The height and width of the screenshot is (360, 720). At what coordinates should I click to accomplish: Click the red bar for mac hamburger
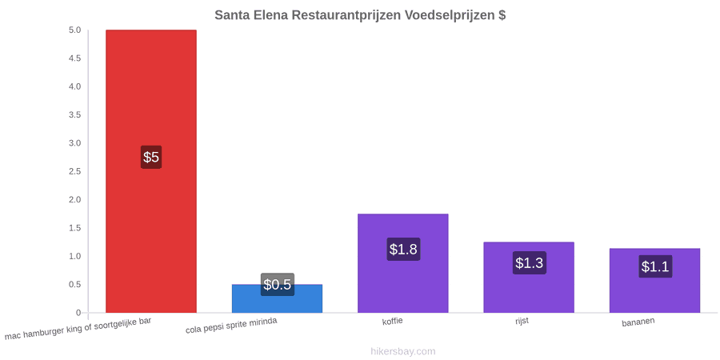coord(151,171)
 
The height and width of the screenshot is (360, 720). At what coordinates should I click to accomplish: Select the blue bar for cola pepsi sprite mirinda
coord(277,298)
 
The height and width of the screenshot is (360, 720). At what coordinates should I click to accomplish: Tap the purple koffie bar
coord(402,263)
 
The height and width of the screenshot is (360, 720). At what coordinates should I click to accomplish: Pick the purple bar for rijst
coord(529,278)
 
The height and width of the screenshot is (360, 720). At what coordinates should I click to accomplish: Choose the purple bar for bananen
coord(654,281)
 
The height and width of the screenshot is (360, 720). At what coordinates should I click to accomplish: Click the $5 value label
coord(151,157)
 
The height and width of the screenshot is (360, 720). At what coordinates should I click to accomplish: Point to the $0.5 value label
coord(278,285)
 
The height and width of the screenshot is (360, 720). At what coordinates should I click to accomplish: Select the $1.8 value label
coord(403,250)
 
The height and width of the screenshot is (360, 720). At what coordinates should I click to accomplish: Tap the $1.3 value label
coord(529,263)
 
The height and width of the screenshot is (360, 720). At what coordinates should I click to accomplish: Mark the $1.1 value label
coord(655,266)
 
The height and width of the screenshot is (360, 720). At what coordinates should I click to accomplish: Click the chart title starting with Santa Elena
coord(360,15)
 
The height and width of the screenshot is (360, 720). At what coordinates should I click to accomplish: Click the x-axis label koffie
coord(393,321)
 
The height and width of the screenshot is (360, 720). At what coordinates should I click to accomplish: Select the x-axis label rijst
coord(522,321)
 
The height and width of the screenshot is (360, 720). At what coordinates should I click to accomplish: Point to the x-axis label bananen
coord(638,322)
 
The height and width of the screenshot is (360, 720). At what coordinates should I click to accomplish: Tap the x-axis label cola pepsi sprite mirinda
coord(231,326)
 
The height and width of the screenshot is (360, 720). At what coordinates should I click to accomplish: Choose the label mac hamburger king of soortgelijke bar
coord(78,329)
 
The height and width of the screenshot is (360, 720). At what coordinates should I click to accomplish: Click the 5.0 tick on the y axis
coord(75,30)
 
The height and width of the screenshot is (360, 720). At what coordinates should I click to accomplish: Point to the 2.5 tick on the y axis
coord(75,171)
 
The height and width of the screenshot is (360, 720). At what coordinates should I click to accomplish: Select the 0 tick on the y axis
coord(78,313)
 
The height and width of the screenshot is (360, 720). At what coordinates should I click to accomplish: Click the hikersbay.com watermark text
coord(403,351)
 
